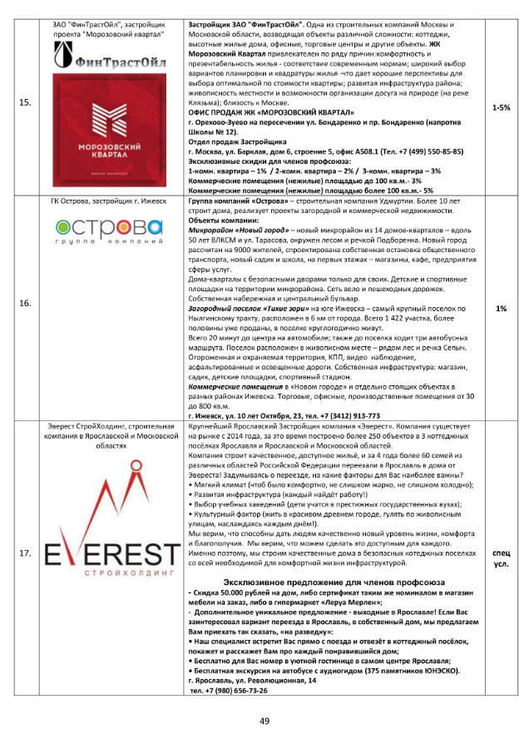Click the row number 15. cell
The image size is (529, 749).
25,103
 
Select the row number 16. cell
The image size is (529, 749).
25,305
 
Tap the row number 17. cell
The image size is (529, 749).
25,553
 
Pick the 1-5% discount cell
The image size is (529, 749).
502,108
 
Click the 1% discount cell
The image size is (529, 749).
502,308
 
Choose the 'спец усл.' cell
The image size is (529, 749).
502,558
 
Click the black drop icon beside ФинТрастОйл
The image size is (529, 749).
63,55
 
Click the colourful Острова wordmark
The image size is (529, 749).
110,227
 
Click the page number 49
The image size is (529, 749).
264,721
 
